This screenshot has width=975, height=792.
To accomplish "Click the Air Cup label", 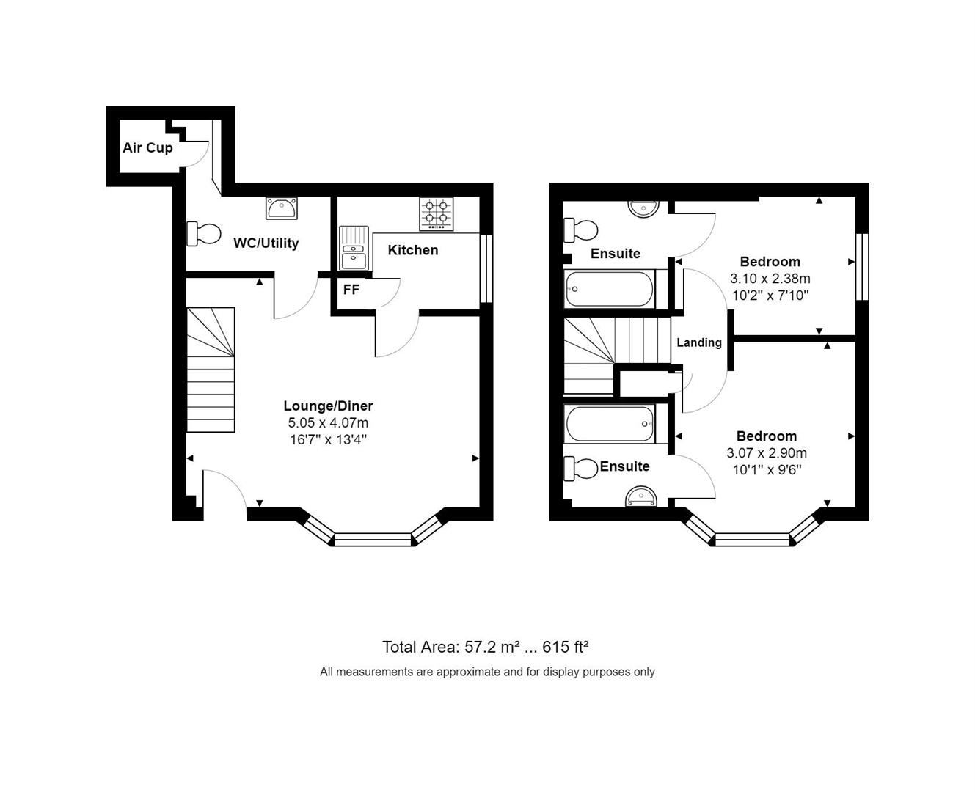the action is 147,148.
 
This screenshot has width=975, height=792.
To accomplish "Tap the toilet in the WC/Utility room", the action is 203,233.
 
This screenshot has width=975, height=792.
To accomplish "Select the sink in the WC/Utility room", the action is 281,208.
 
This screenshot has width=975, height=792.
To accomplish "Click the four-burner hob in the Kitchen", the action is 437,213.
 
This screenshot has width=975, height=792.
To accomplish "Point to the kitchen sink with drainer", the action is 354,248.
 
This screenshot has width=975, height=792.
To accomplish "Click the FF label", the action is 351,289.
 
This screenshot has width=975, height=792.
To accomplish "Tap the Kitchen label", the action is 413,250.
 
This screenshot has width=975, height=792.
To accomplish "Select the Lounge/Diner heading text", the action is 328,406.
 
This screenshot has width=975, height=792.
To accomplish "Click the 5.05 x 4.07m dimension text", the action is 328,422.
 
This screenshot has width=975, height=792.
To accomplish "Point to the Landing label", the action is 699,342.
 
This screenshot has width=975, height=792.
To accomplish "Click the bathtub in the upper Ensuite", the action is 610,289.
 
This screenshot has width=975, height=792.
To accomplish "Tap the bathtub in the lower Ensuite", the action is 610,424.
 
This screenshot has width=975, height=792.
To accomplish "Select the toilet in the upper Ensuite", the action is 580,230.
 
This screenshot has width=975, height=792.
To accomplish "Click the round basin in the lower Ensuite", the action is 641,497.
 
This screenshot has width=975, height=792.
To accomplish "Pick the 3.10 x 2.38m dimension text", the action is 770,278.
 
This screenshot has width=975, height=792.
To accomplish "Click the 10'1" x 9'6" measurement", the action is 767,469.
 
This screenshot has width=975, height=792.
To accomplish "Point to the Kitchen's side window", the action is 486,268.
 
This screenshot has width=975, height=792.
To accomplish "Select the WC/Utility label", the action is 266,243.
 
